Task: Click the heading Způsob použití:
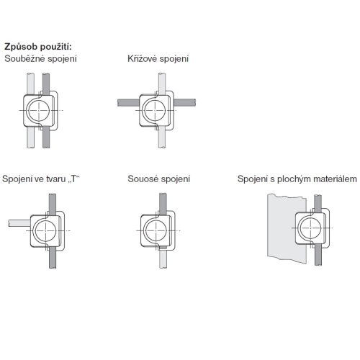pyautogui.click(x=38, y=47)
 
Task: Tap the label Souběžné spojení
pyautogui.click(x=40, y=59)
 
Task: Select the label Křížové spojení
pyautogui.click(x=158, y=59)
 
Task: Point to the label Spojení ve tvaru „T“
pyautogui.click(x=41, y=179)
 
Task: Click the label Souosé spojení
pyautogui.click(x=158, y=179)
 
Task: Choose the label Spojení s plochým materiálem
pyautogui.click(x=297, y=179)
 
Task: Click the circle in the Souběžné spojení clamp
pyautogui.click(x=39, y=110)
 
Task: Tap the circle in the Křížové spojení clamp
pyautogui.click(x=155, y=110)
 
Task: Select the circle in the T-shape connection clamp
pyautogui.click(x=45, y=230)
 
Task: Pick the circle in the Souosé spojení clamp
pyautogui.click(x=156, y=230)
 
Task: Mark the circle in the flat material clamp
pyautogui.click(x=310, y=228)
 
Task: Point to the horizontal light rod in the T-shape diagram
pyautogui.click(x=19, y=223)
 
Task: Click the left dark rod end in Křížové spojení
pyautogui.click(x=128, y=102)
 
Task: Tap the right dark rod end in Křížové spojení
pyautogui.click(x=185, y=102)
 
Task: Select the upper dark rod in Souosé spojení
pyautogui.click(x=163, y=204)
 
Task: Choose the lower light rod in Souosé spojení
pyautogui.click(x=163, y=259)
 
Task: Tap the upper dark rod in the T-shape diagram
pyautogui.click(x=53, y=204)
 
